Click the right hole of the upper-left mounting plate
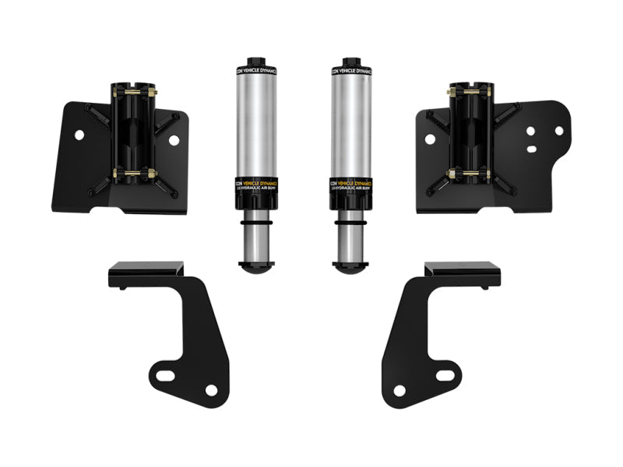[174, 140]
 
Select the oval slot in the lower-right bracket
[443, 376]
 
